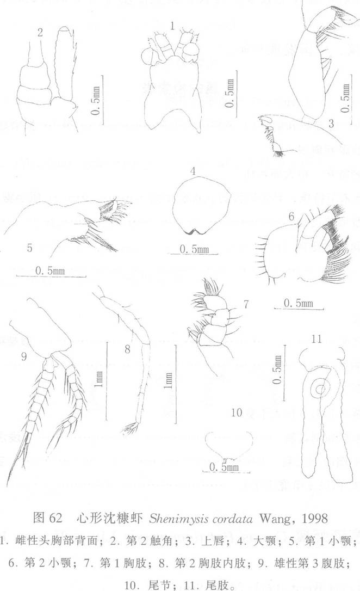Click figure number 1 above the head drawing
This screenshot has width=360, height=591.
tap(172, 26)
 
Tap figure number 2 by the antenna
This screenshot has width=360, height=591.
tap(40, 33)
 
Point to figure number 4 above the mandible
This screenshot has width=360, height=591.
tap(193, 171)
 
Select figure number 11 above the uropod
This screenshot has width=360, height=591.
tap(316, 339)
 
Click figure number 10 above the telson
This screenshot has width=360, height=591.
tap(236, 413)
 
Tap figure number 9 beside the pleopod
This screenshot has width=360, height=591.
tap(23, 356)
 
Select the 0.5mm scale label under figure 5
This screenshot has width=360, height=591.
tap(50, 270)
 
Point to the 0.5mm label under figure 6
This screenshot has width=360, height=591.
tap(298, 303)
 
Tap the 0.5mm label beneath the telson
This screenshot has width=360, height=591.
tap(224, 467)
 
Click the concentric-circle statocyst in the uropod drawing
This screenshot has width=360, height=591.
tap(321, 390)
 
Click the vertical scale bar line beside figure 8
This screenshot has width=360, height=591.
tap(176, 383)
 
